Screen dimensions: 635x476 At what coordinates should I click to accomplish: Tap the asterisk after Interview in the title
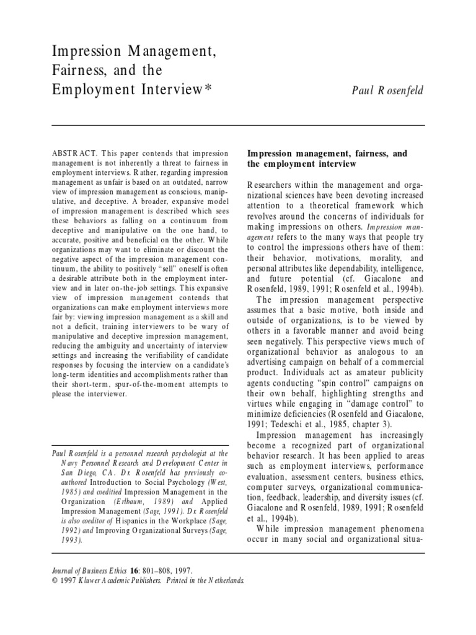coord(208,89)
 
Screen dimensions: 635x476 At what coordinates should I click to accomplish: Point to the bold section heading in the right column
coord(329,158)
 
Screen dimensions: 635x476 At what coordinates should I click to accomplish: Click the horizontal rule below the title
coord(238,125)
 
